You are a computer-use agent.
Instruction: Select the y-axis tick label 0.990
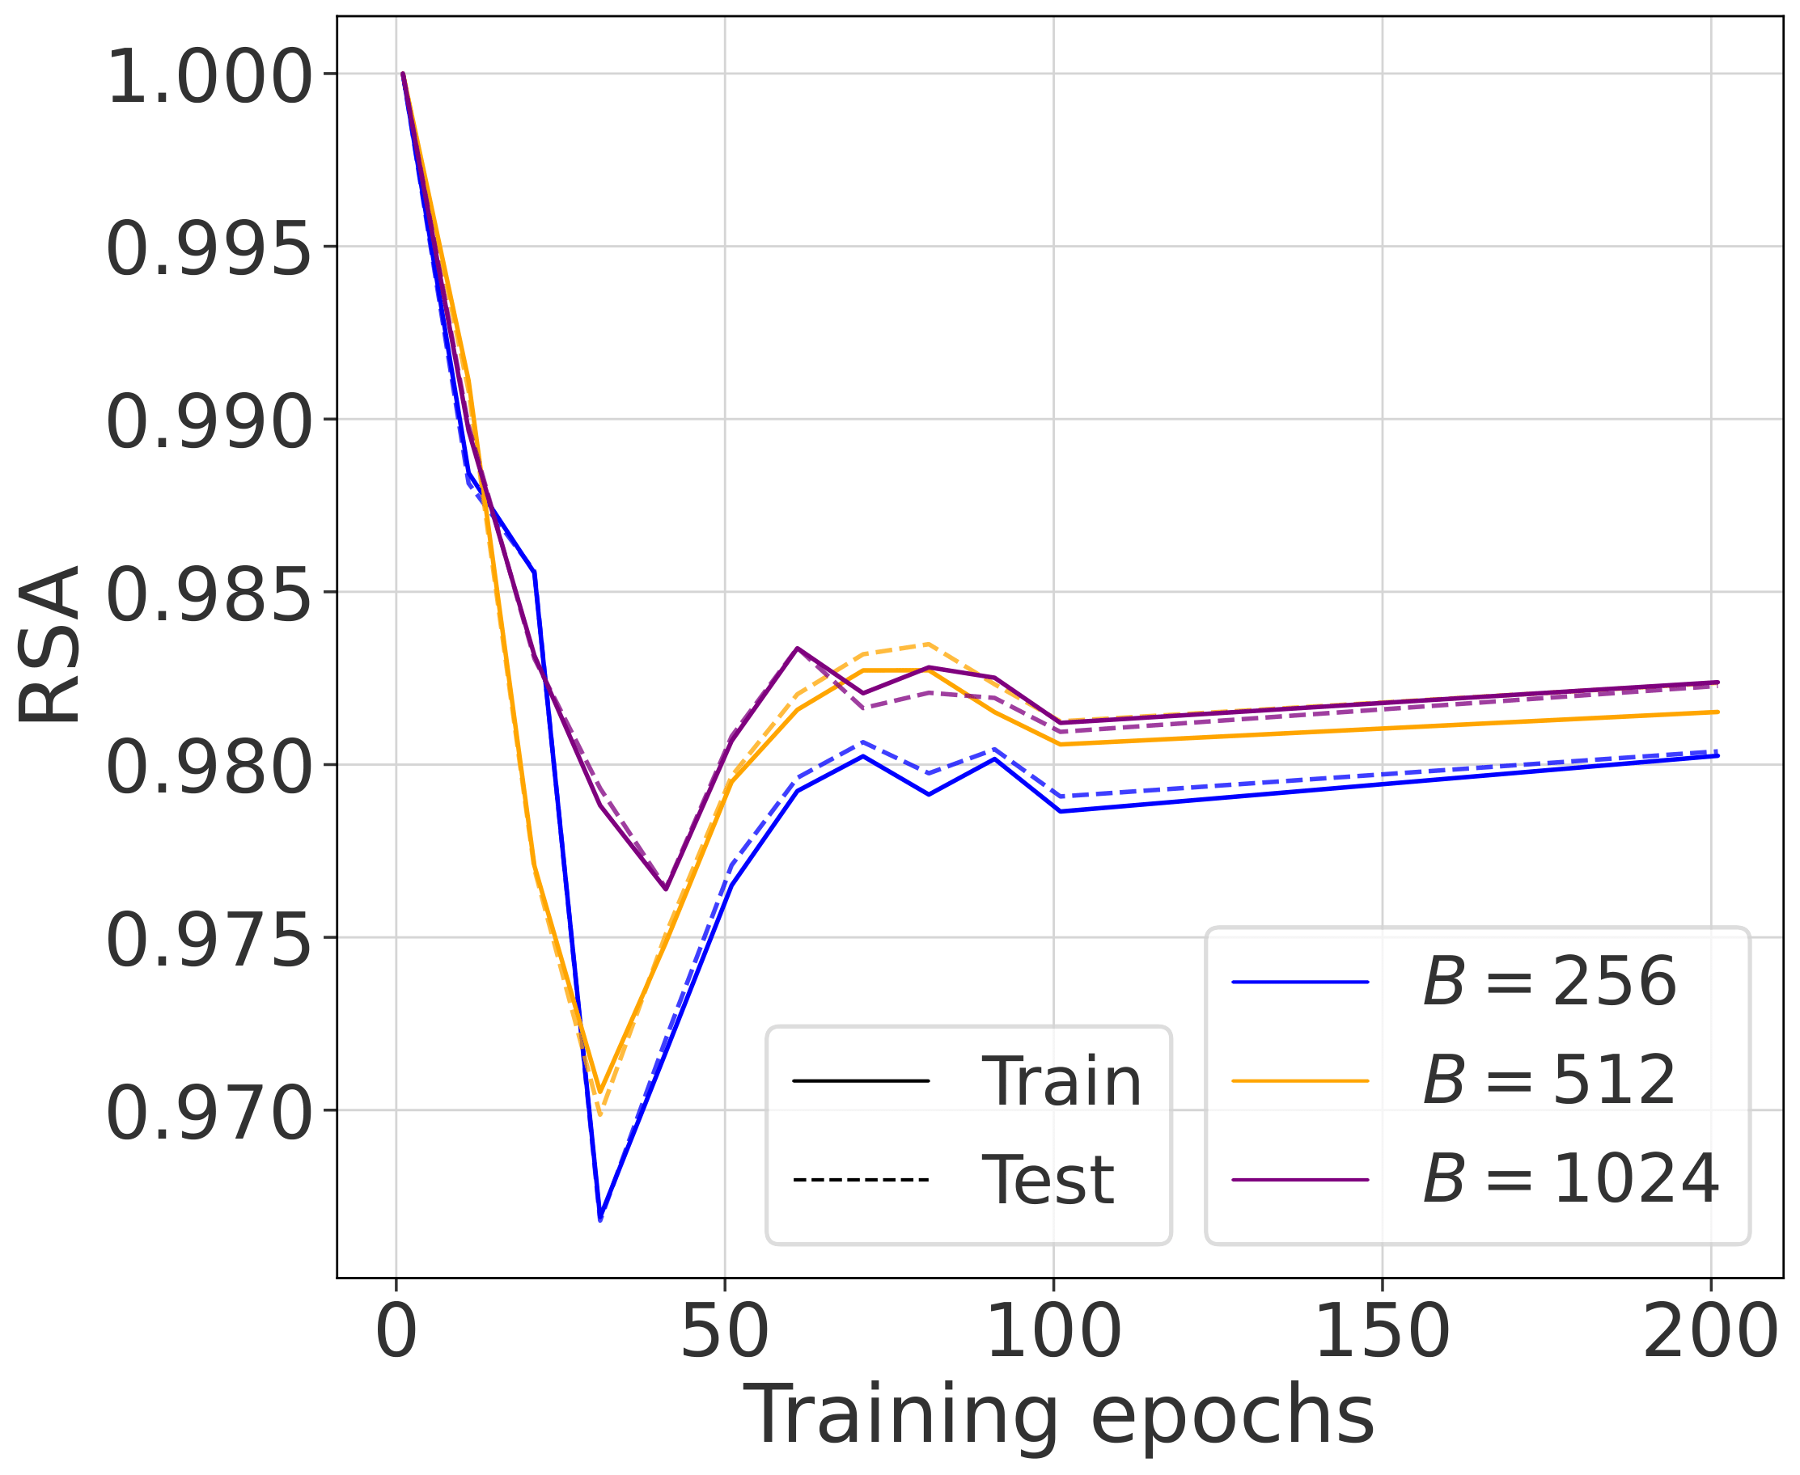coord(209,423)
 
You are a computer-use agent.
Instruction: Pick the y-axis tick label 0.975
coord(209,941)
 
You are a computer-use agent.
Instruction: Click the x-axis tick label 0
coord(396,1332)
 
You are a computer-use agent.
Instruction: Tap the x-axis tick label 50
coord(724,1332)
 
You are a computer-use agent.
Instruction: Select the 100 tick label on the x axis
coord(1054,1332)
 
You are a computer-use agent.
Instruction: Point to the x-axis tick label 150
coord(1382,1332)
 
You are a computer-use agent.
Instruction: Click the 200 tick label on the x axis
coord(1710,1332)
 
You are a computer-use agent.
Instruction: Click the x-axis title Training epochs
coord(1059,1414)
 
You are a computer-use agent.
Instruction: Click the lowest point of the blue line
coord(600,1219)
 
